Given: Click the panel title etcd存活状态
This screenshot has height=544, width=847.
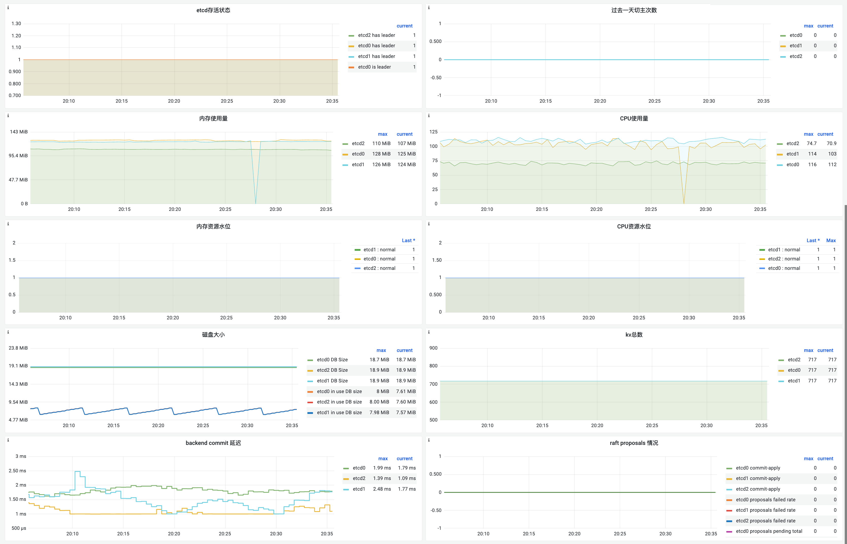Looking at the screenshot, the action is click(213, 10).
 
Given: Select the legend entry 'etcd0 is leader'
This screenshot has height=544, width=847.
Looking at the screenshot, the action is click(374, 67).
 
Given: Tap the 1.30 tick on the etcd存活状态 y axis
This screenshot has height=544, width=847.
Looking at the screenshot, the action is click(16, 24).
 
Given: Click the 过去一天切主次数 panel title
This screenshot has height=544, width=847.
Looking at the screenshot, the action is click(634, 10).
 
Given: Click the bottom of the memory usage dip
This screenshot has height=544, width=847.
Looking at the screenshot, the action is click(256, 203).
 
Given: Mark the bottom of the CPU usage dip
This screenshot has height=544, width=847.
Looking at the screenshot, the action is click(684, 203).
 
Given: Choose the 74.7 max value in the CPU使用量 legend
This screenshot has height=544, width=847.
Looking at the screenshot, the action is click(811, 143).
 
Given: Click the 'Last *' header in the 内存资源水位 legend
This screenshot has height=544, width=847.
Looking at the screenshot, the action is click(408, 241).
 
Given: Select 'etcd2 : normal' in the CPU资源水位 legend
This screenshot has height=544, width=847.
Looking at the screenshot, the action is click(784, 259).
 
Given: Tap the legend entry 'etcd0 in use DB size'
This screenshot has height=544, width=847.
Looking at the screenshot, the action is click(339, 391).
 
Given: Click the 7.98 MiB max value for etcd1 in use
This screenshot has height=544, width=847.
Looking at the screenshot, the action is click(379, 413).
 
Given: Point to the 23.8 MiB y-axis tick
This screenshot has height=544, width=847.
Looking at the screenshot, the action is click(18, 348).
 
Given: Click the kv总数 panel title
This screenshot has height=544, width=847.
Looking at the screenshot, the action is click(634, 335).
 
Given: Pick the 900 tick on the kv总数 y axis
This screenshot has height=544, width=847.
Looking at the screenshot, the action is click(433, 348).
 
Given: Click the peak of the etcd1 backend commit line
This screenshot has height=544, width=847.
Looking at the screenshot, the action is click(77, 471).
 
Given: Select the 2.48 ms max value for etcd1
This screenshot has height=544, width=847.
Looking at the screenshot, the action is click(382, 489).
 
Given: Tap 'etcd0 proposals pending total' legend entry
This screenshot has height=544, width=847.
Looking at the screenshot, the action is click(769, 531).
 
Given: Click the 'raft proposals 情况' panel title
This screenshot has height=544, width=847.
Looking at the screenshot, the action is click(634, 443).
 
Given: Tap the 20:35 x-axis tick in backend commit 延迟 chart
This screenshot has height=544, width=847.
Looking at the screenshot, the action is click(327, 534).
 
